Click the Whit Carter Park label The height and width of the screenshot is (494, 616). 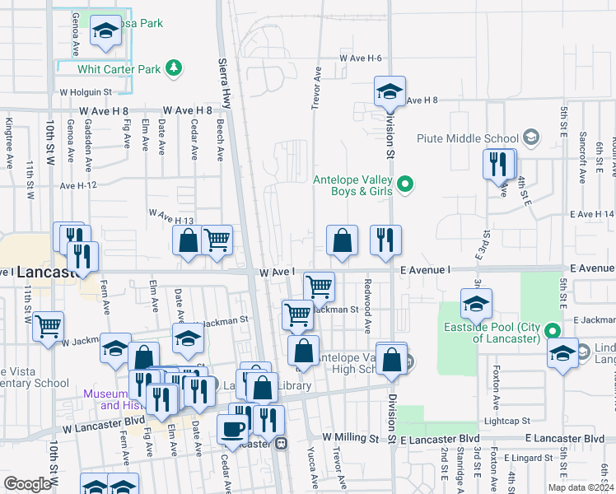click(126, 70)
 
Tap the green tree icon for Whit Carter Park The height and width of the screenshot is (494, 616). click(174, 68)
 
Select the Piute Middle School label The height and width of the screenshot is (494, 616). click(468, 137)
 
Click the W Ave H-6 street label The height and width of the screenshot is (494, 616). click(361, 58)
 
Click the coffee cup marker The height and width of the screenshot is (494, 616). click(233, 429)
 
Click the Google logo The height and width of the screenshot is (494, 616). click(26, 484)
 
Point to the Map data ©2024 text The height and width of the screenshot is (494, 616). click(581, 488)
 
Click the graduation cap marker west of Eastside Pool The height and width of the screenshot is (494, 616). click(476, 304)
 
